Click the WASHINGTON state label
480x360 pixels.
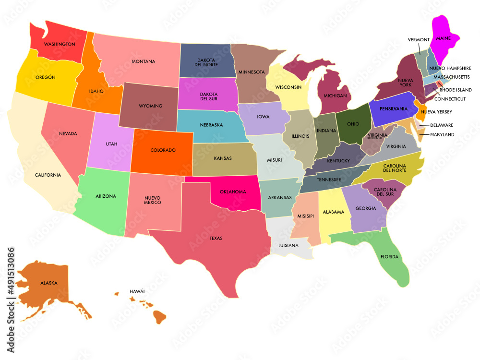[60, 44]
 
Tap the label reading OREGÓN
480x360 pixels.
[46, 77]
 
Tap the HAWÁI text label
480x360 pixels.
[137, 291]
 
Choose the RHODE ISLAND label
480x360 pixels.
[456, 90]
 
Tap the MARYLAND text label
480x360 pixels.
[442, 135]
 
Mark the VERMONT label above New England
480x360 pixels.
[418, 39]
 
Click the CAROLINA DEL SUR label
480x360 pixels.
[385, 191]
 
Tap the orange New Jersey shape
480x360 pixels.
[420, 111]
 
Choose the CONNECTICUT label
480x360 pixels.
[450, 99]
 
